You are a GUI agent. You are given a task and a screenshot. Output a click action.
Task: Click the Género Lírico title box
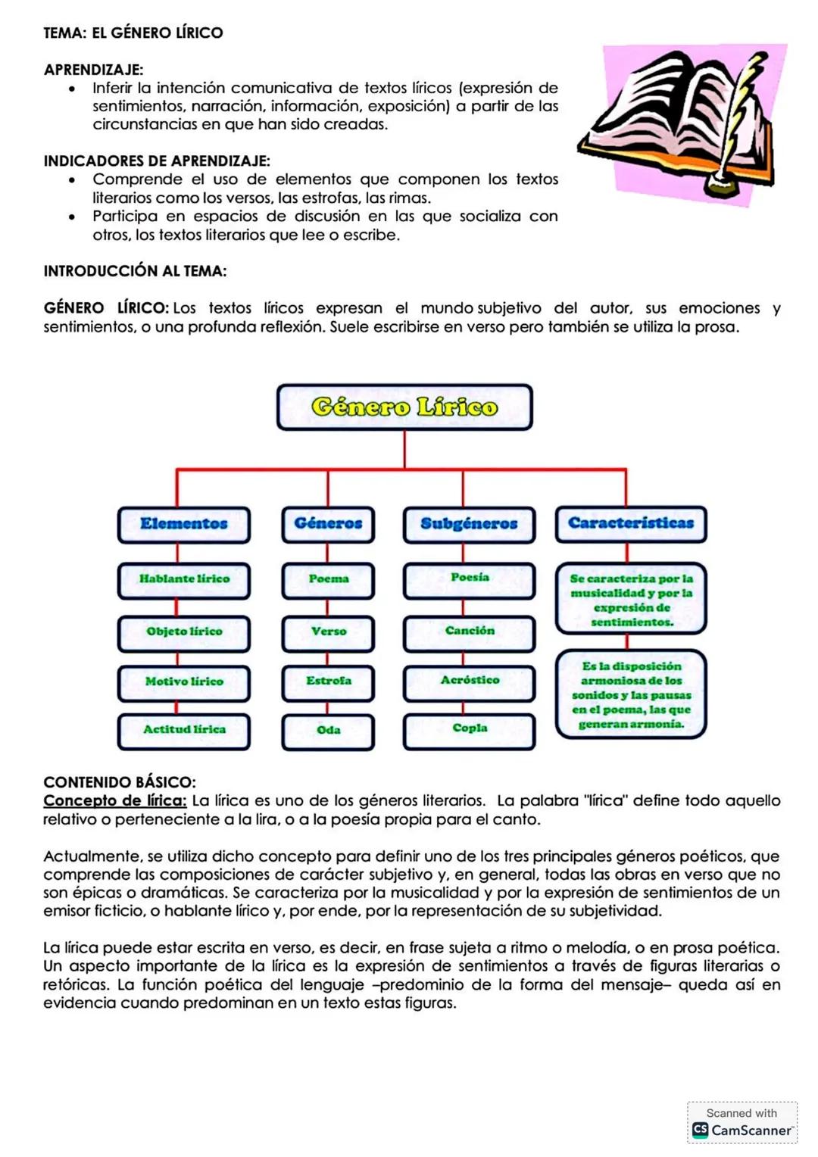click(404, 407)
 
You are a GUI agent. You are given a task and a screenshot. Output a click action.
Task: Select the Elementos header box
click(184, 524)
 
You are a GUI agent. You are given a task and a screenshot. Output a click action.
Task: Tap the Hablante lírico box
click(184, 579)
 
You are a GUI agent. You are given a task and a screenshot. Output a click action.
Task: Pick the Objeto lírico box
click(184, 632)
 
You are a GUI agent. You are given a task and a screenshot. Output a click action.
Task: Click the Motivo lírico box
click(184, 682)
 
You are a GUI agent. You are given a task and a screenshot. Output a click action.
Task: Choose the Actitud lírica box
click(184, 730)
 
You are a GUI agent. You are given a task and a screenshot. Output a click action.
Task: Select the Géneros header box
click(328, 524)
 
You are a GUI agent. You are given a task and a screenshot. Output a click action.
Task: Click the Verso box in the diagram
click(328, 632)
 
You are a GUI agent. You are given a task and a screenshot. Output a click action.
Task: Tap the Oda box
click(328, 731)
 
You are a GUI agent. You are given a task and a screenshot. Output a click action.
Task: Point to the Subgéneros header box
click(469, 524)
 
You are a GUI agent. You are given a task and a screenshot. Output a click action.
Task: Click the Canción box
click(469, 632)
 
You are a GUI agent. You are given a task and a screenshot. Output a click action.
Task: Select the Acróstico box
click(469, 681)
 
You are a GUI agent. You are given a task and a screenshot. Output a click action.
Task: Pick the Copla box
click(469, 730)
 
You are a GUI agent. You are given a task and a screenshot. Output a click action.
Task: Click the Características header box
click(630, 524)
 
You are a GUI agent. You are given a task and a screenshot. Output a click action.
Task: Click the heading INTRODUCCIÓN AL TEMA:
click(135, 271)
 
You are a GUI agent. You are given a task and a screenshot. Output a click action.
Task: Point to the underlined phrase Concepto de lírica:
click(115, 801)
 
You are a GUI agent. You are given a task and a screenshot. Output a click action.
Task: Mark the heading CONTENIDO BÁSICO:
click(120, 782)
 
